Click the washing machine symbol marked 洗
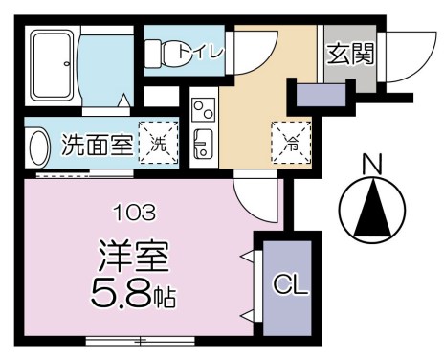coord(156,145)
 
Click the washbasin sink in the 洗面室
coord(37,149)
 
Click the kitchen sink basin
coord(204,146)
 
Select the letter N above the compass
coord(373,165)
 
